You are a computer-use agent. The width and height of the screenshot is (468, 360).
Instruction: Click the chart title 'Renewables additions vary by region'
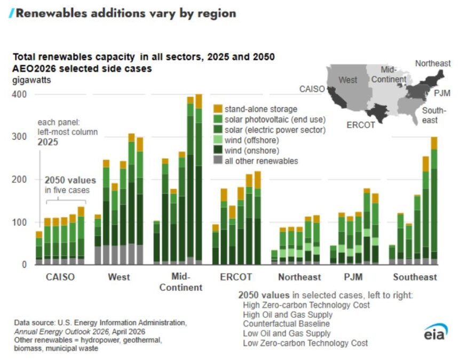125,13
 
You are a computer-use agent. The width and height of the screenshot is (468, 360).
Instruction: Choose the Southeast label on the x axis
415,277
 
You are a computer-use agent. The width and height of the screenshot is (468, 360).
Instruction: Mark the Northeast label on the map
433,63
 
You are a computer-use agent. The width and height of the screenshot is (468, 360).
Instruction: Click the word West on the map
348,80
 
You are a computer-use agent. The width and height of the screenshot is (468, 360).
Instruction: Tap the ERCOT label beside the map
360,125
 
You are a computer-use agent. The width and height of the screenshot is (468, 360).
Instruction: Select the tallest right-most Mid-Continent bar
199,179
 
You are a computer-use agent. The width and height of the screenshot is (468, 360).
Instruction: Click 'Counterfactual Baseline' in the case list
286,324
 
